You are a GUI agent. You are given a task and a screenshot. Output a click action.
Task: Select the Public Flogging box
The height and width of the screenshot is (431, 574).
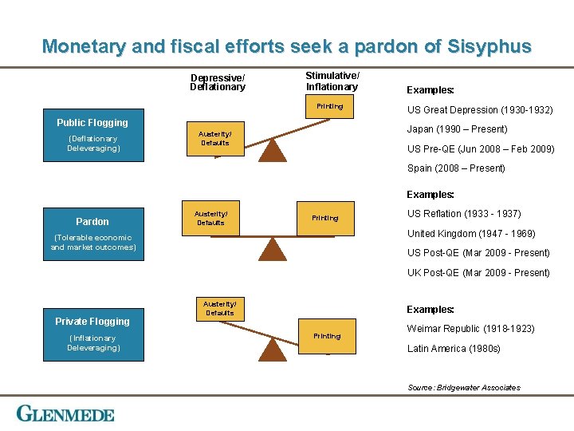coord(92,135)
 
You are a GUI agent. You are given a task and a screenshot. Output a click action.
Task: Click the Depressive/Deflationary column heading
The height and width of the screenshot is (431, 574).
coord(218,82)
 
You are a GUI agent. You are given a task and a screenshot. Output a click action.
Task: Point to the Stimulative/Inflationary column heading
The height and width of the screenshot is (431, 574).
coord(332,81)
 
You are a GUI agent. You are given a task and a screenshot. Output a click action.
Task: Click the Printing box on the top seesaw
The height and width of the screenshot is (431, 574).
coord(330,106)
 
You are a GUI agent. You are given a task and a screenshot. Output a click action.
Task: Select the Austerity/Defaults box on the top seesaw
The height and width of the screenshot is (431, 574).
coord(214,138)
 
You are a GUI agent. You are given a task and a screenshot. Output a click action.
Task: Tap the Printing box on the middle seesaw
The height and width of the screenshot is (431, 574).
coord(325,218)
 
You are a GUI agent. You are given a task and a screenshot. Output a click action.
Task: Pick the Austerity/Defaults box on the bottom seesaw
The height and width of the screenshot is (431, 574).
coord(219,308)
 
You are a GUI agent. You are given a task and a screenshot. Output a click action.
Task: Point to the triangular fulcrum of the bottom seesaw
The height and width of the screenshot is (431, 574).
coord(273,349)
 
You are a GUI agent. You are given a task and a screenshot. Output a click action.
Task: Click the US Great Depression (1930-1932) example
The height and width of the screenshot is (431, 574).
coord(479,110)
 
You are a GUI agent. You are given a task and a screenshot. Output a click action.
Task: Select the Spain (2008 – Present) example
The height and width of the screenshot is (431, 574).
coord(456,168)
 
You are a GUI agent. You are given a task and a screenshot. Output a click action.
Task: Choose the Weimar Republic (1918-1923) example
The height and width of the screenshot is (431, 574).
coord(470,329)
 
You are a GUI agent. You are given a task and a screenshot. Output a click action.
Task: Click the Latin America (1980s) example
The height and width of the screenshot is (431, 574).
coord(454,349)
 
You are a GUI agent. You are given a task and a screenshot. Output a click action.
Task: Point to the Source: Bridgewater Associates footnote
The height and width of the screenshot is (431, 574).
coord(464,388)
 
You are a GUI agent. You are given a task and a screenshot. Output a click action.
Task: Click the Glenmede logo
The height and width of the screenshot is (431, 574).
coord(66,413)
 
